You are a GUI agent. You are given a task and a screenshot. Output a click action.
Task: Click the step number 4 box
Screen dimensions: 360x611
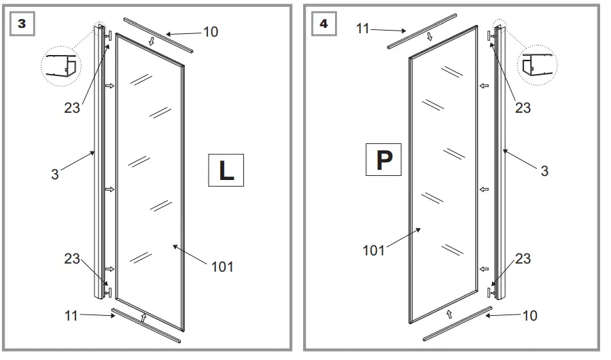pyautogui.click(x=323, y=23)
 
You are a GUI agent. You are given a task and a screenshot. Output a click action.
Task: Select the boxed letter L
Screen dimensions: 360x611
pyautogui.click(x=226, y=170)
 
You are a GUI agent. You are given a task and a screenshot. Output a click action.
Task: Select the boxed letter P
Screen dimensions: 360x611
pyautogui.click(x=384, y=160)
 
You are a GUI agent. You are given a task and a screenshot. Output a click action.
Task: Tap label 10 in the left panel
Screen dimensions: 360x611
pyautogui.click(x=211, y=32)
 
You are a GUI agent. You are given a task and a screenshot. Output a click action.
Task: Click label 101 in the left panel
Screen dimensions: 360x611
pyautogui.click(x=222, y=267)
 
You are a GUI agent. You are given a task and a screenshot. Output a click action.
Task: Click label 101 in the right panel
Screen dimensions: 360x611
pyautogui.click(x=373, y=251)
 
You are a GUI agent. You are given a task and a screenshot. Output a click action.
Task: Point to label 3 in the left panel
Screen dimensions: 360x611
pyautogui.click(x=55, y=175)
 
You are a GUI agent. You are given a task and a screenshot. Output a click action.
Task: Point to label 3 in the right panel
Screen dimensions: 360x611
pyautogui.click(x=544, y=171)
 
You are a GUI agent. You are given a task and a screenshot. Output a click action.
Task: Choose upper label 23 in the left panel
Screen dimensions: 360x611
pyautogui.click(x=72, y=107)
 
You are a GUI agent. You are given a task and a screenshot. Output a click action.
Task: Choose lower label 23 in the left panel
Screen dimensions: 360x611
pyautogui.click(x=72, y=259)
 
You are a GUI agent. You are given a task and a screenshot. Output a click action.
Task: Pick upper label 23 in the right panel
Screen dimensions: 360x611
pyautogui.click(x=523, y=107)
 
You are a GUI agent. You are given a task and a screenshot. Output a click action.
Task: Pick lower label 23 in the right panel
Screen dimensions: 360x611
pyautogui.click(x=523, y=259)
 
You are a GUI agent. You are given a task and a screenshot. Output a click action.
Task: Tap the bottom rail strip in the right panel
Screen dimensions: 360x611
pyautogui.click(x=457, y=324)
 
